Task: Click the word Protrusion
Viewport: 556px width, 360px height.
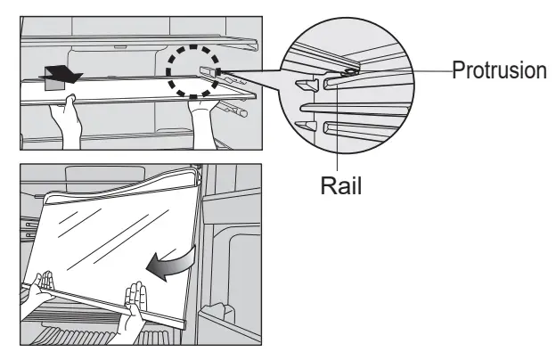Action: tap(499, 70)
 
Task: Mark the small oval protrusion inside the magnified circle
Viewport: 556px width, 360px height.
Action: tap(351, 65)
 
